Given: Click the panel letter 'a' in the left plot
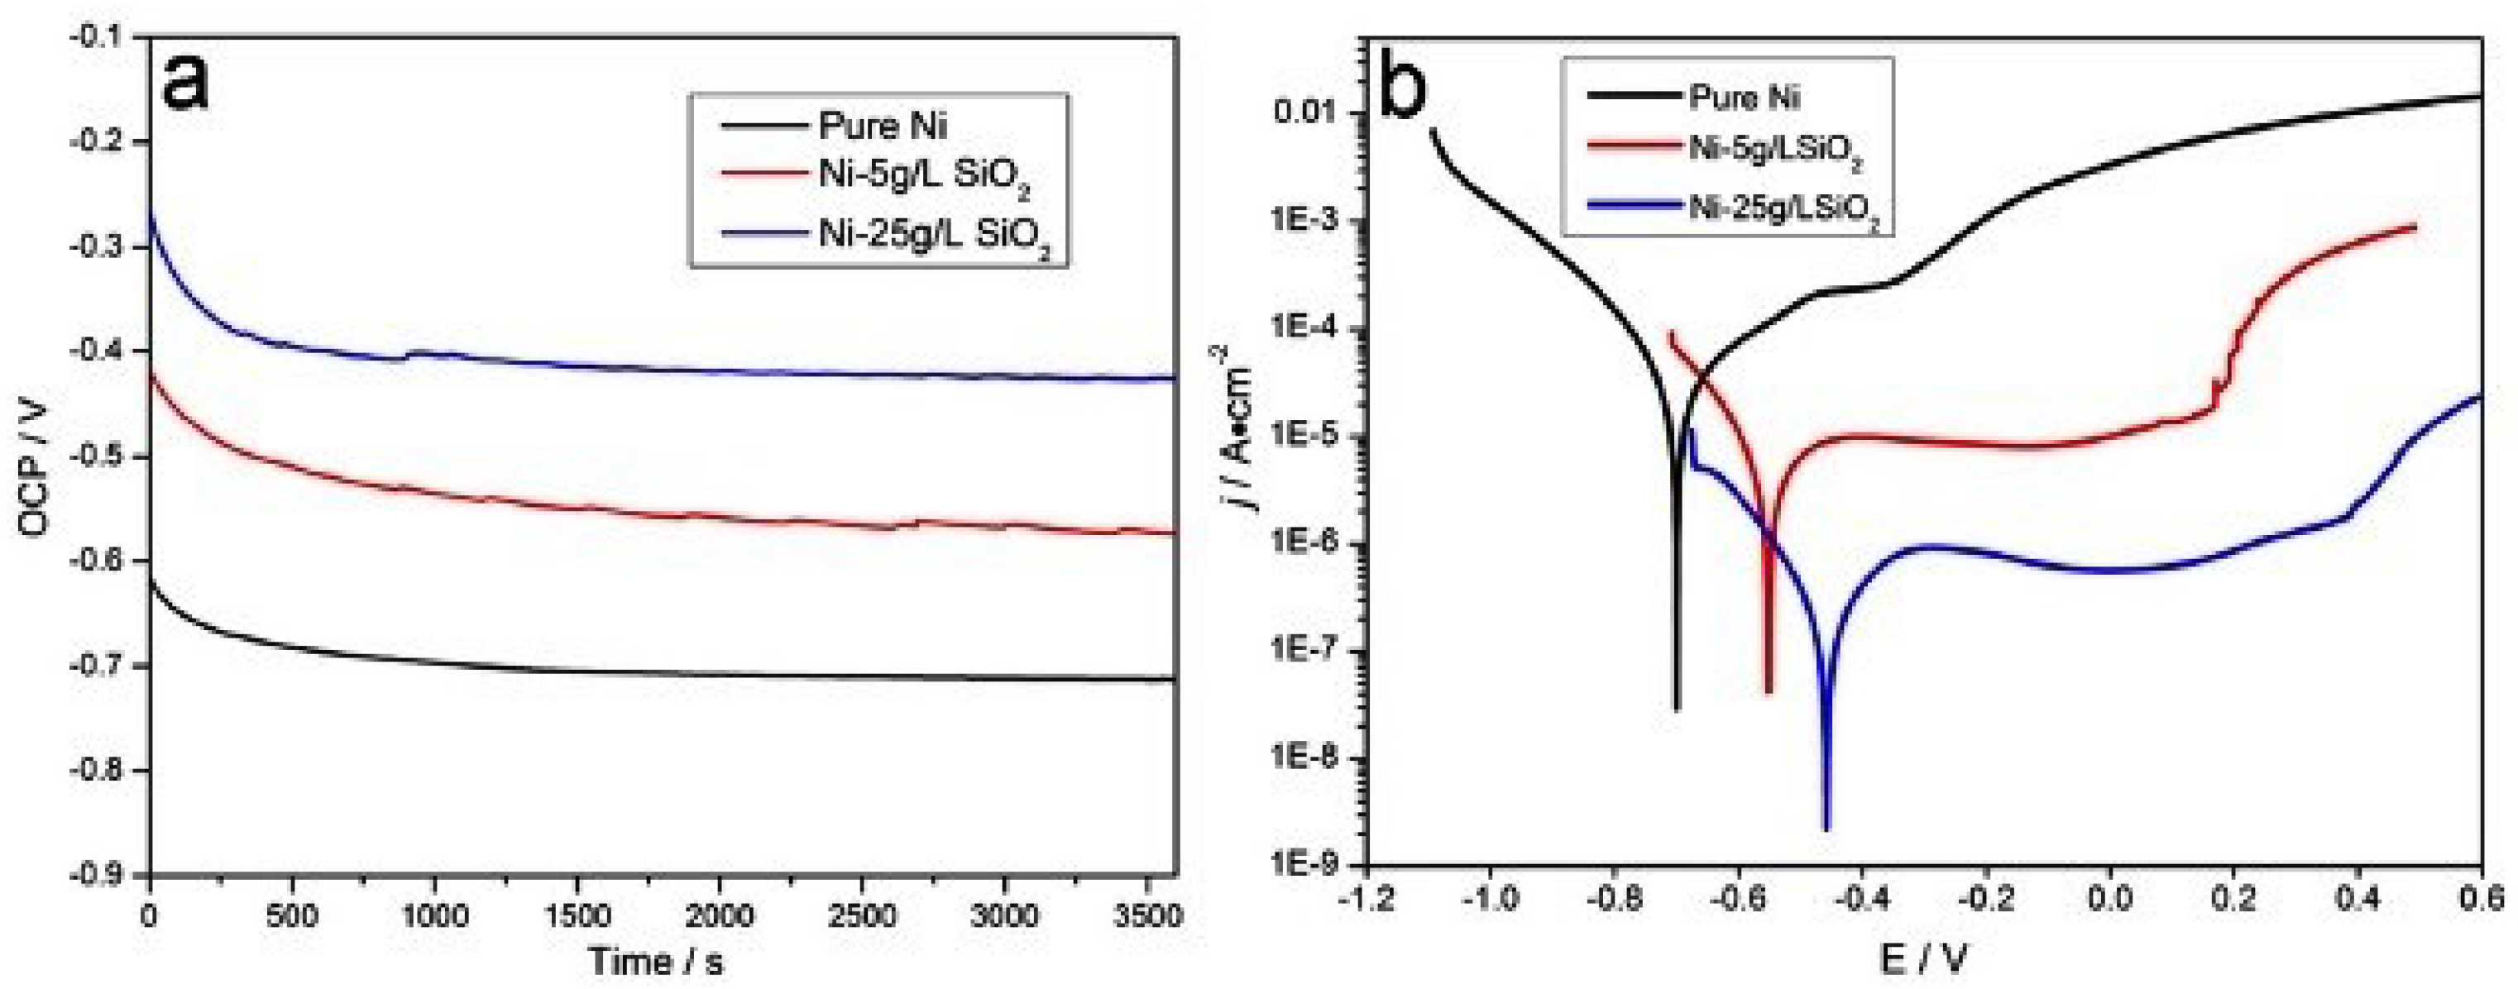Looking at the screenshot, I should point(187,81).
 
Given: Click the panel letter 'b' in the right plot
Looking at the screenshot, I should point(1419,90).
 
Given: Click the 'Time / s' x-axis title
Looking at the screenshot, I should point(656,962).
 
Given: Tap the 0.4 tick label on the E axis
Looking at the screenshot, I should point(2358,896).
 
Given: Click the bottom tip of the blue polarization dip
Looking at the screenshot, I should point(1826,829).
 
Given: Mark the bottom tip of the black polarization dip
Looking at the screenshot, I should point(1677,709).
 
